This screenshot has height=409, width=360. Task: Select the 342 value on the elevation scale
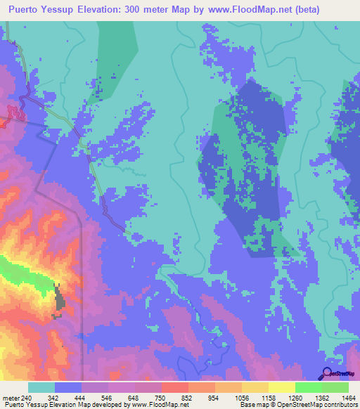[x=53, y=398]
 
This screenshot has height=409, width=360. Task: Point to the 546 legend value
[x=107, y=398]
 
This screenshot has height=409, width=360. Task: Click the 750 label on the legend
[x=160, y=398]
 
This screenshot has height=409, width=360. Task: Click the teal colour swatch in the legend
[x=41, y=387]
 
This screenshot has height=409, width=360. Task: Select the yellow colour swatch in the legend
[x=281, y=387]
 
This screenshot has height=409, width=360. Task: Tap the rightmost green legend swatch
[x=335, y=387]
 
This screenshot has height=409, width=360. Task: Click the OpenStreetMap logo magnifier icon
[x=327, y=373]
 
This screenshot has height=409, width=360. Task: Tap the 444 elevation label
[x=80, y=398]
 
